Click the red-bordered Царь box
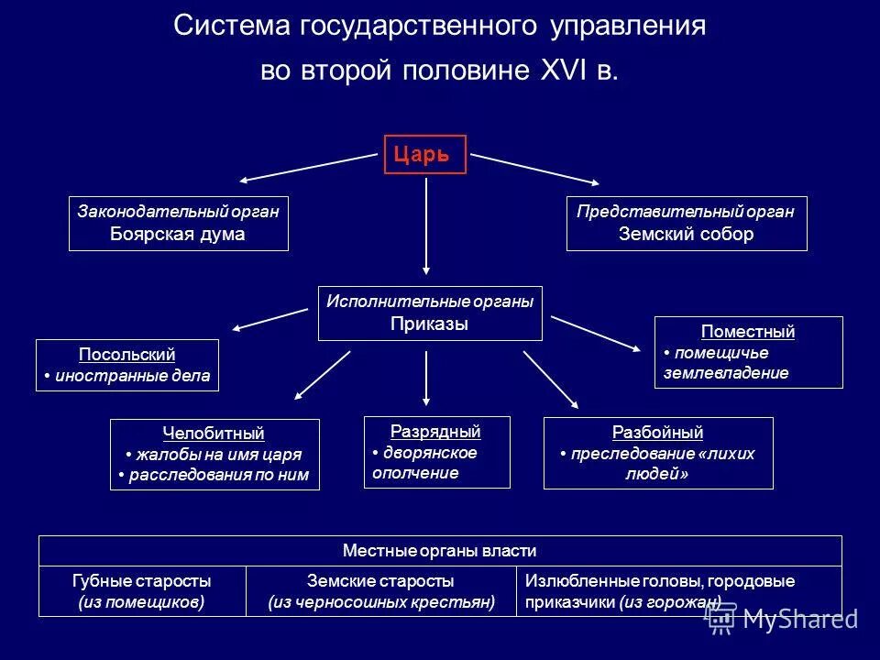coord(424,154)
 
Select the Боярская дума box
coord(179,223)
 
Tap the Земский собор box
coord(687,223)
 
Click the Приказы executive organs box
coord(430,313)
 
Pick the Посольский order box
coord(127,365)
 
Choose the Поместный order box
coord(748,352)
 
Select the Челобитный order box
coord(214,454)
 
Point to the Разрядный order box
coord(436,452)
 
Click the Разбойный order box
coord(658,453)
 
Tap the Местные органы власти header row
coord(439,551)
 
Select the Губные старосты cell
coord(142,591)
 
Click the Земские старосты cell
coord(380,591)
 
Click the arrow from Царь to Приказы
coord(426,225)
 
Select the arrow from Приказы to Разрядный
coord(426,378)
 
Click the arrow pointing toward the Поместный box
coord(596,333)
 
